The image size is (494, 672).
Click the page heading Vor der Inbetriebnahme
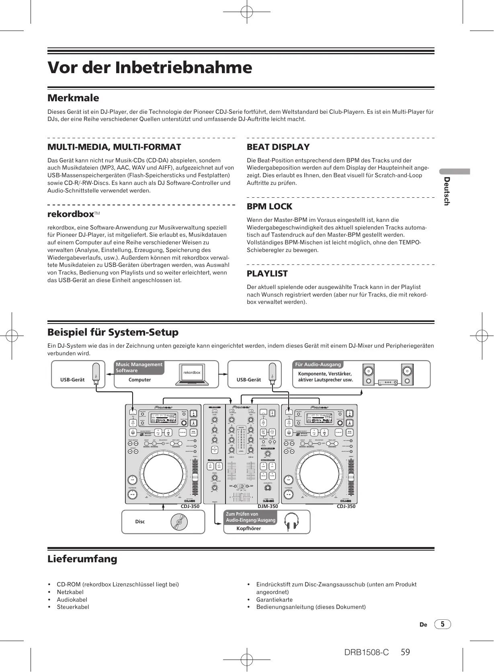[x=150, y=68]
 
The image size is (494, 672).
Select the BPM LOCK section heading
[x=269, y=207]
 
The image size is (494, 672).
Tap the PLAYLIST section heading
[x=267, y=274]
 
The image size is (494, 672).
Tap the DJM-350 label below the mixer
[x=268, y=506]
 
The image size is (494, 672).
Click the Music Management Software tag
[x=139, y=367]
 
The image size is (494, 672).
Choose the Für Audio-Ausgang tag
[x=318, y=365]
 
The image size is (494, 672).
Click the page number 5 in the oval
[x=443, y=624]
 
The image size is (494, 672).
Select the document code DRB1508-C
[x=366, y=652]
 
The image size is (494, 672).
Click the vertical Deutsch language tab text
[x=446, y=191]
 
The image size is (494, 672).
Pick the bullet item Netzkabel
[x=70, y=592]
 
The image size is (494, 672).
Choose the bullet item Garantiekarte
[x=275, y=600]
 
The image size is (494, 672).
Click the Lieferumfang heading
[x=82, y=559]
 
